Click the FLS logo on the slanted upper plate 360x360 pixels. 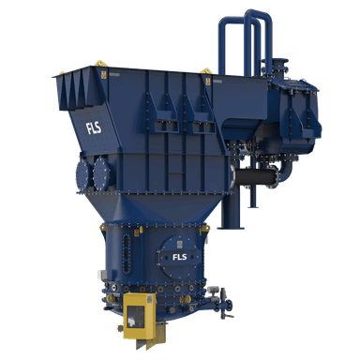[94, 127]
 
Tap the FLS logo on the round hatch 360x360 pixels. [180, 257]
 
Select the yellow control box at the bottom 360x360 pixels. [140, 316]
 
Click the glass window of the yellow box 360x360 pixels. [135, 316]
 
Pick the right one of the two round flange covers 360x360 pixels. [101, 173]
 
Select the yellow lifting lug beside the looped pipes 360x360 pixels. [206, 70]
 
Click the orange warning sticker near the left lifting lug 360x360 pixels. [104, 75]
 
